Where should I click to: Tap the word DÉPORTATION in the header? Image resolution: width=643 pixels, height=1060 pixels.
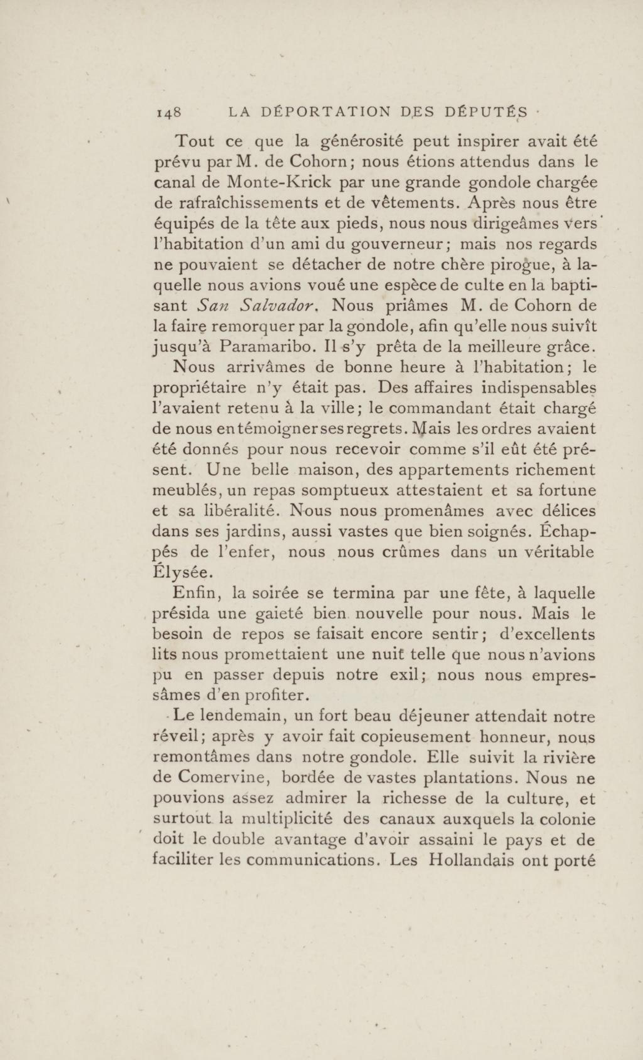point(327,112)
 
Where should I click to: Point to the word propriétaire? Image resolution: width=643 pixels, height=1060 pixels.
point(200,388)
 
